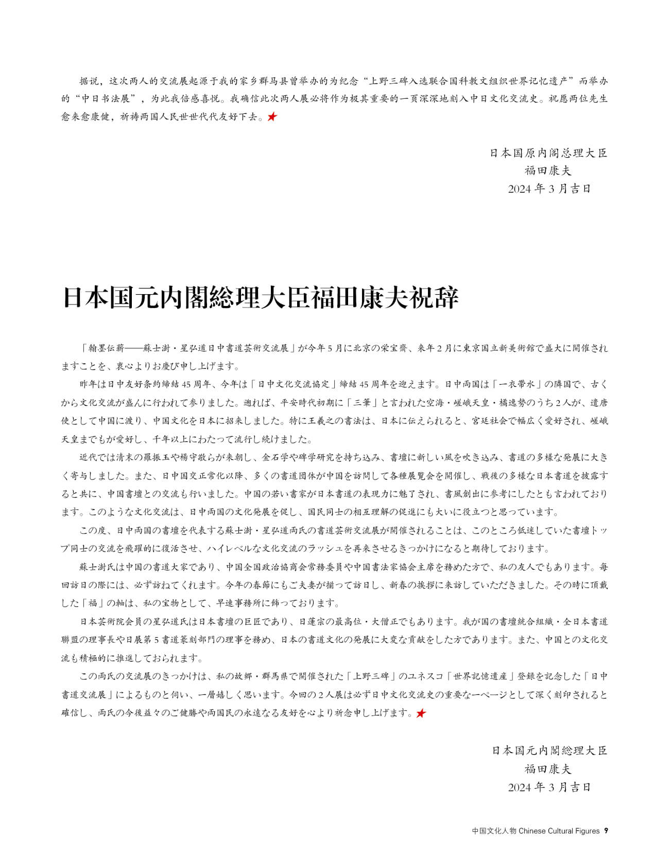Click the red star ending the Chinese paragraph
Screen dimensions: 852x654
coord(272,117)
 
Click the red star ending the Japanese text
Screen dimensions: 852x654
coord(421,713)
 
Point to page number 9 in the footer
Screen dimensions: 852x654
coord(606,831)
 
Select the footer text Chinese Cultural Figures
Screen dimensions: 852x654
coord(559,831)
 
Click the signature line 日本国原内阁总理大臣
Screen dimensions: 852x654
coord(548,153)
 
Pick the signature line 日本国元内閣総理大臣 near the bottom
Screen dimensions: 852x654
coord(549,750)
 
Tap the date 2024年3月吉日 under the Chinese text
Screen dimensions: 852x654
coord(549,189)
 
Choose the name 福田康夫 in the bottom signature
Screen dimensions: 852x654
coord(548,769)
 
